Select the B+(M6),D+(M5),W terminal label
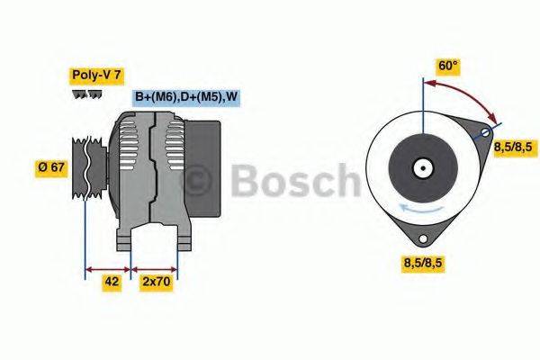pos(186,97)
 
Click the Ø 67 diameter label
pos(52,168)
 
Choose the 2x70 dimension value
pos(156,282)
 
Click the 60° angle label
pos(447,66)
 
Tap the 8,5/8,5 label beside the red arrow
pos(513,147)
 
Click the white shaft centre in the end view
pos(420,167)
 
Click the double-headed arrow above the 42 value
pos(108,267)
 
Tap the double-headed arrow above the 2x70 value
pos(155,267)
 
